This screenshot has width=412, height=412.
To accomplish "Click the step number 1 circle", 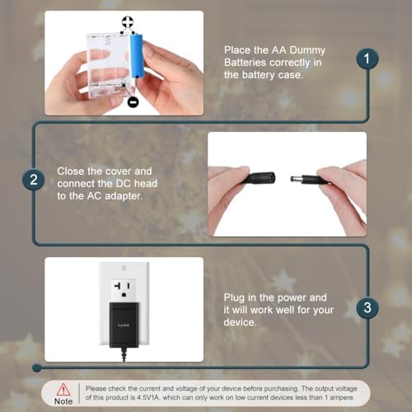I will [x=368, y=59].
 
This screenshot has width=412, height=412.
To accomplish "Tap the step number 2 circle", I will [x=34, y=180].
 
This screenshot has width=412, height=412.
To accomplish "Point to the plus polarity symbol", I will [x=125, y=24].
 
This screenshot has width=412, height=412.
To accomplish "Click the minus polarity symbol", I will [x=133, y=102].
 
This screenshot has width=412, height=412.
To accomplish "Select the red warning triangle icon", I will [x=63, y=388].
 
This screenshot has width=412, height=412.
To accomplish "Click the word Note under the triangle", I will [x=63, y=401].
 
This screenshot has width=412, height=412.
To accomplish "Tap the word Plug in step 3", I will [x=237, y=297].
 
